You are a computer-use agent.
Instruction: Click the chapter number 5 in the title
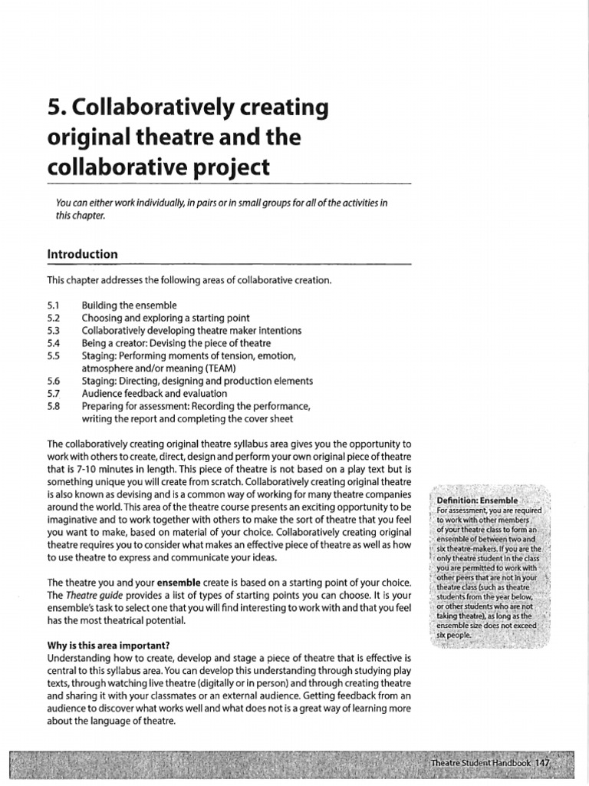click(54, 107)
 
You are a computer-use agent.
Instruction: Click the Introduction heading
click(82, 254)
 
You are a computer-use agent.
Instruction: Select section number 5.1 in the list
click(53, 305)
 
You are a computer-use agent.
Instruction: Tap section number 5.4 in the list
click(53, 342)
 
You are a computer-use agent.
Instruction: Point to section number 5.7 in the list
click(53, 393)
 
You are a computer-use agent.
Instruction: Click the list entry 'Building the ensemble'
click(129, 305)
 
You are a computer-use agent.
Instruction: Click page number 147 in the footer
click(543, 763)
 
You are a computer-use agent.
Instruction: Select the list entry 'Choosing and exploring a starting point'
click(165, 318)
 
